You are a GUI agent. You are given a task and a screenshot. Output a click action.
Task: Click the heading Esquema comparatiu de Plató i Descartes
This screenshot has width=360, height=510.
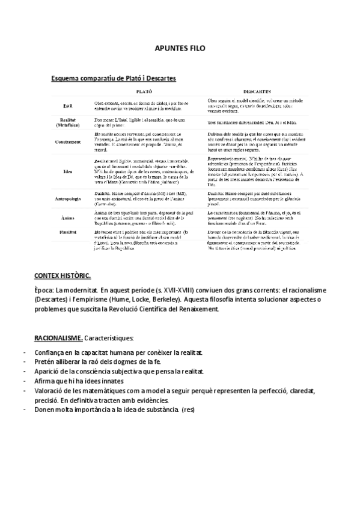click(114, 78)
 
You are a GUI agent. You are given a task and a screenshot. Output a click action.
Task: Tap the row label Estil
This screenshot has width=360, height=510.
click(68, 105)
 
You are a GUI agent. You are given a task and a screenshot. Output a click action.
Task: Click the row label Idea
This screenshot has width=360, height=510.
click(68, 171)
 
